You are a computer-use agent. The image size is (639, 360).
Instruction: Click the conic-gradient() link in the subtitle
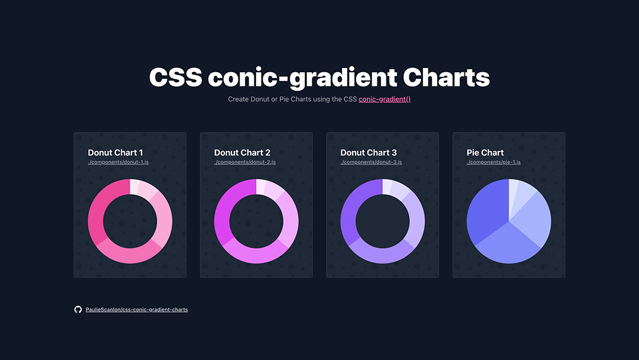coord(385,99)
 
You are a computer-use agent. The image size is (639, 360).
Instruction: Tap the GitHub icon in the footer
coord(78,310)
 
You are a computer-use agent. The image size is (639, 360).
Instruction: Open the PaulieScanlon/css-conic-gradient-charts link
coord(137,310)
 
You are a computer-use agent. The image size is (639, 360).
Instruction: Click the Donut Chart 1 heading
coord(115,153)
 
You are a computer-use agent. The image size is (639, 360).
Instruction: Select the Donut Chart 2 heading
coord(242,153)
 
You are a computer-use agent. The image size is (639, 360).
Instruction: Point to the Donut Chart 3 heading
coord(369,153)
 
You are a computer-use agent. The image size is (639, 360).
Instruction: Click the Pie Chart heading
coord(485,153)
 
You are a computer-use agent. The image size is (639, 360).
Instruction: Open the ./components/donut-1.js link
coord(118,162)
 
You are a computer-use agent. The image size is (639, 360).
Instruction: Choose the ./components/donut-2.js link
coord(245,162)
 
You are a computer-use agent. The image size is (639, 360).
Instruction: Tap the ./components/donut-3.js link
coord(371,162)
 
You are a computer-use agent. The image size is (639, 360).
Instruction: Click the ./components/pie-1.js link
coord(493,162)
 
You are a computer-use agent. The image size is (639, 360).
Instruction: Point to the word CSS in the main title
coord(176,78)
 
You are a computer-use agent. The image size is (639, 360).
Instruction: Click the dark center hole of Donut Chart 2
coord(256,221)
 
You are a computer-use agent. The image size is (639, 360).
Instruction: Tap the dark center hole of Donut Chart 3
coord(383,221)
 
